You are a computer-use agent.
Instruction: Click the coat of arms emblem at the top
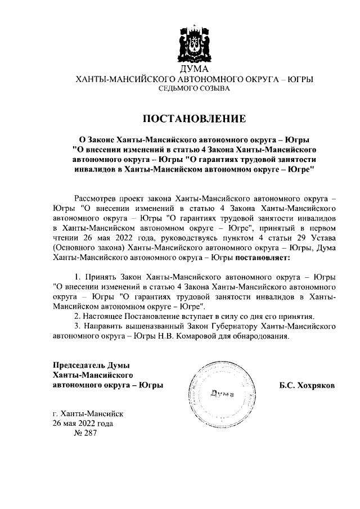click(193, 44)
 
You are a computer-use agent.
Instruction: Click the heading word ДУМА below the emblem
click(193, 70)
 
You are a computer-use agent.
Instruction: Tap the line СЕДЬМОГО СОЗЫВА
click(193, 89)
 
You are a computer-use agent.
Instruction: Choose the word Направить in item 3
click(103, 327)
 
